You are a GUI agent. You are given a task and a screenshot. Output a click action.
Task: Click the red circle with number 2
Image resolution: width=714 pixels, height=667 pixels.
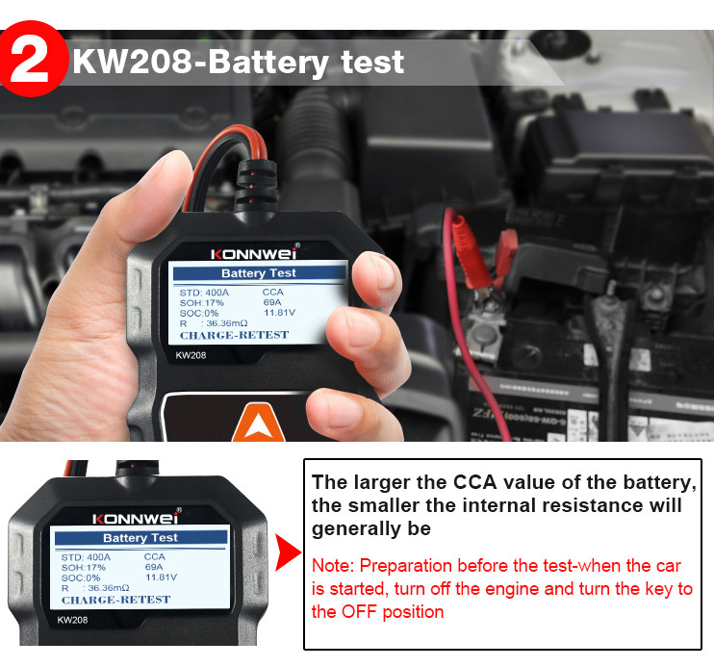32,59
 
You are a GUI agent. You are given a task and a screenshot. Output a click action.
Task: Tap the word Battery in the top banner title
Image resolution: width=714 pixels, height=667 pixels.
268,63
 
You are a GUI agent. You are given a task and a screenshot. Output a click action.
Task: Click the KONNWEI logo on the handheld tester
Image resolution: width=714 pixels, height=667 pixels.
254,253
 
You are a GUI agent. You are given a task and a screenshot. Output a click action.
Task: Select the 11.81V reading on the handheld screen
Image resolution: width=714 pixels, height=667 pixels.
279,313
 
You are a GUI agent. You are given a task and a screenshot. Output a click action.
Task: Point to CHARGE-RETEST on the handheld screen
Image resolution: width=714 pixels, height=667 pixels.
234,335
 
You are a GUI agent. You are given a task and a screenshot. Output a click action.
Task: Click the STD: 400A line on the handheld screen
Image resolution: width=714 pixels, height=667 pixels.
204,293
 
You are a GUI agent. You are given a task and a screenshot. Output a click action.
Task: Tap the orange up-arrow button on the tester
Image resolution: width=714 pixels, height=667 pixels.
259,423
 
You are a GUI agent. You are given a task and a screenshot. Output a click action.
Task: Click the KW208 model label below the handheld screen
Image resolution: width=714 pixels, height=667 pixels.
191,355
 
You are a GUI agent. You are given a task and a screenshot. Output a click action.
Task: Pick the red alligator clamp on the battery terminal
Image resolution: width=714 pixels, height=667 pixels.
505,255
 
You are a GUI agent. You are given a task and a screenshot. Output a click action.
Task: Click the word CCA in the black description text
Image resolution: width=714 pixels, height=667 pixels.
474,482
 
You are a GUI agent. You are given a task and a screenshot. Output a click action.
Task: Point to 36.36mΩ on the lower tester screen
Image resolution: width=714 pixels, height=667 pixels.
108,588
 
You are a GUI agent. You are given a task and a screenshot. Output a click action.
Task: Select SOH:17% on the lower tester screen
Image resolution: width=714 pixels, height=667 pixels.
84,567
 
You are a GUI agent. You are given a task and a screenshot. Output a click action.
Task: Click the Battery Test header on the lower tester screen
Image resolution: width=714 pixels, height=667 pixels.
140,538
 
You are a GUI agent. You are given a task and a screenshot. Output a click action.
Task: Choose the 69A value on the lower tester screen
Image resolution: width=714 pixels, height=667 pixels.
154,567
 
